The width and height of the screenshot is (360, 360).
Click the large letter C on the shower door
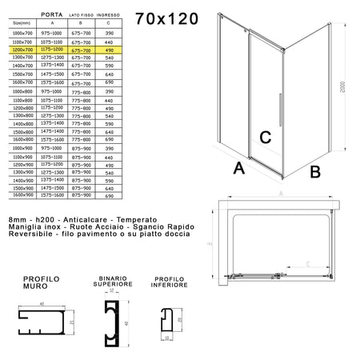pyautogui.click(x=267, y=137)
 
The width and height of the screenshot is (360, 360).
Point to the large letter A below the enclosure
pyautogui.click(x=238, y=170)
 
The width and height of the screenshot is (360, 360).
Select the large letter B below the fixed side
pyautogui.click(x=314, y=170)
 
